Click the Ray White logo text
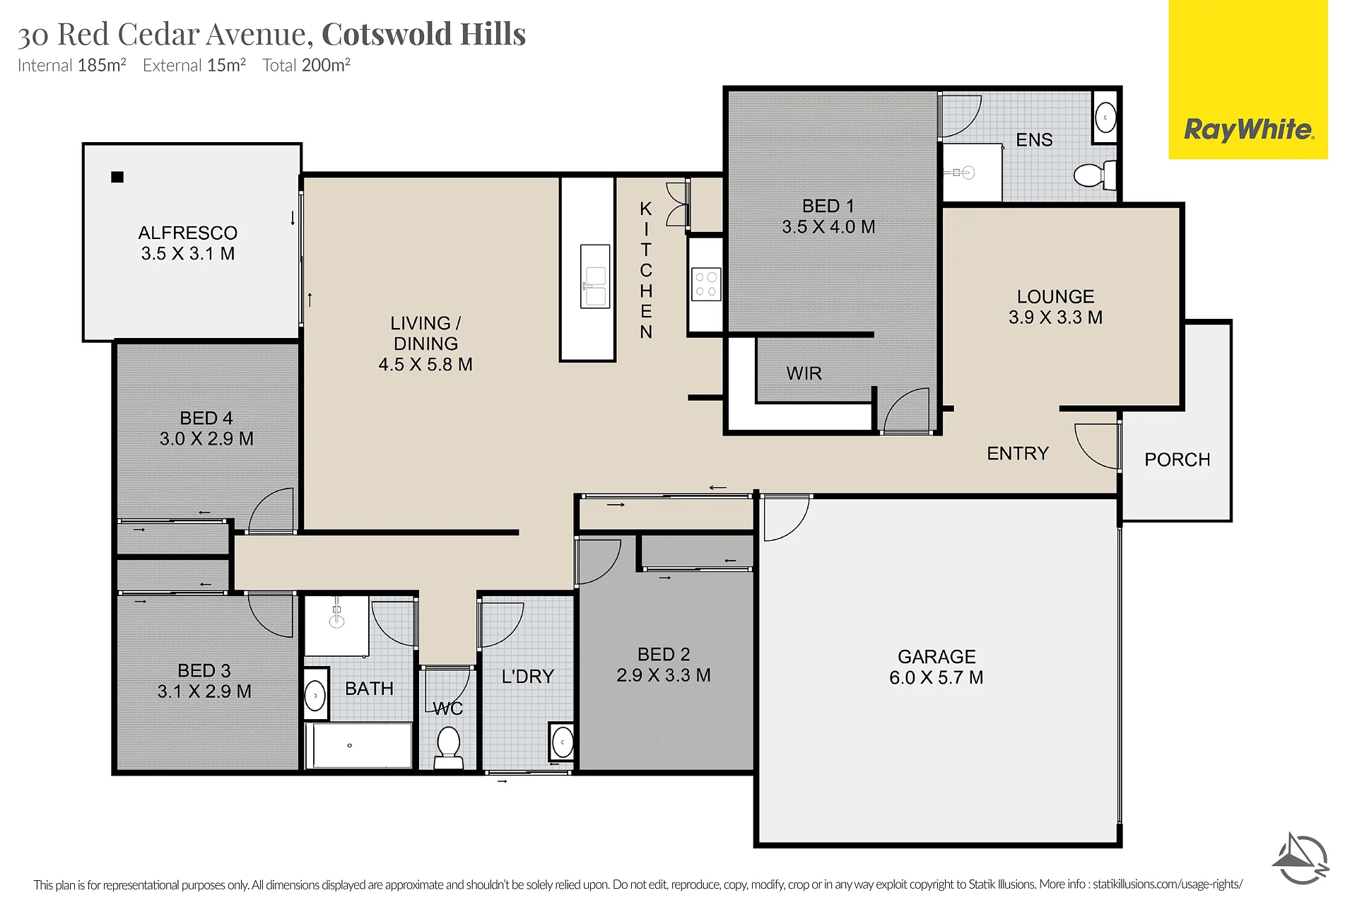tap(1249, 130)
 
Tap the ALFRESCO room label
tap(188, 233)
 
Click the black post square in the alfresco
tap(117, 177)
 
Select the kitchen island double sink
tap(595, 276)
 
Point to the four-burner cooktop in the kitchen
tap(705, 284)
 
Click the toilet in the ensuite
tap(1095, 175)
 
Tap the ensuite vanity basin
tap(1105, 117)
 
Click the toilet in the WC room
tap(448, 748)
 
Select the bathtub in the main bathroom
tap(359, 745)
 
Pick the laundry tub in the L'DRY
tap(563, 742)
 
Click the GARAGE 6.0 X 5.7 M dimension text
tap(936, 677)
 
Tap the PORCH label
tap(1177, 460)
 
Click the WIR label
tap(804, 373)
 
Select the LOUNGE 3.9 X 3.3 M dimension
tap(1056, 317)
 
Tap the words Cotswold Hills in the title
tap(424, 34)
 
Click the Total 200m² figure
tap(307, 65)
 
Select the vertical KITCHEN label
tap(646, 270)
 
